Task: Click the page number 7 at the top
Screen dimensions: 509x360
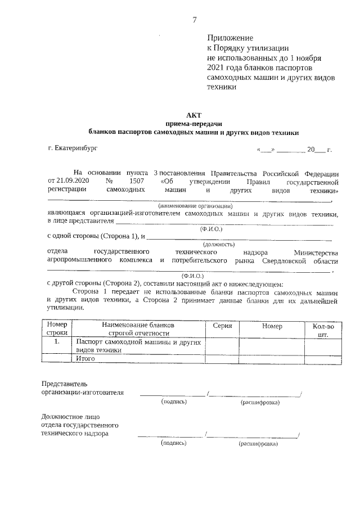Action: pyautogui.click(x=195, y=20)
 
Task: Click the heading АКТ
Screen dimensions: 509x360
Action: pyautogui.click(x=193, y=114)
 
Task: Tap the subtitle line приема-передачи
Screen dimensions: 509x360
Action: pyautogui.click(x=193, y=123)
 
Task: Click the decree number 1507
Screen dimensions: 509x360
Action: pyautogui.click(x=137, y=182)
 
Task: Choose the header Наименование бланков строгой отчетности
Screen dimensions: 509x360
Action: pyautogui.click(x=139, y=330)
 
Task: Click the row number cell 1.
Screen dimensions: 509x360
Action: pyautogui.click(x=57, y=341)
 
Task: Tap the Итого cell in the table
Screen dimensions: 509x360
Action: pyautogui.click(x=85, y=358)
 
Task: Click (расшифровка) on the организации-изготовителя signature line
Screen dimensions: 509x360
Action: pyautogui.click(x=260, y=403)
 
